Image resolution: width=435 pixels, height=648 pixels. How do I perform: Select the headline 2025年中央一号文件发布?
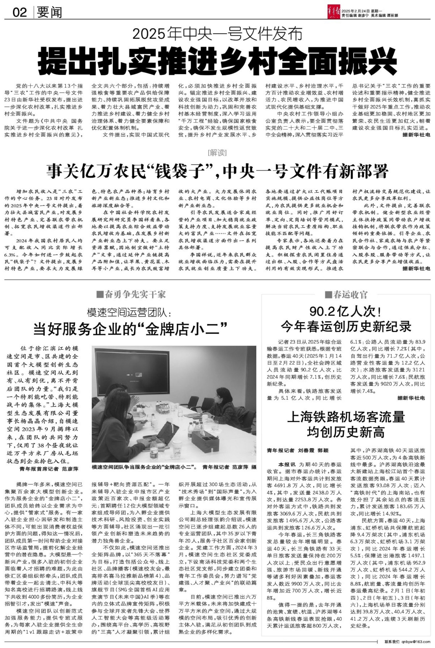217,34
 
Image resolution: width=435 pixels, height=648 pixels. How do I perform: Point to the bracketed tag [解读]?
217,153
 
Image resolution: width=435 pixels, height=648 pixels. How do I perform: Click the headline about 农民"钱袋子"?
217,171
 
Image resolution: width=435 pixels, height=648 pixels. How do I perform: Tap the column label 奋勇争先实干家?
131,295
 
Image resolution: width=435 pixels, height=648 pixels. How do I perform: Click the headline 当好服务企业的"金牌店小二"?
130,329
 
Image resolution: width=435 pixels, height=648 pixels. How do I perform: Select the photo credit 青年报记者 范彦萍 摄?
229,467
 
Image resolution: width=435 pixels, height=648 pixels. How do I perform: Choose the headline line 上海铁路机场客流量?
346,417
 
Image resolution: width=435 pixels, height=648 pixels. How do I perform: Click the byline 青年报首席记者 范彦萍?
49,469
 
